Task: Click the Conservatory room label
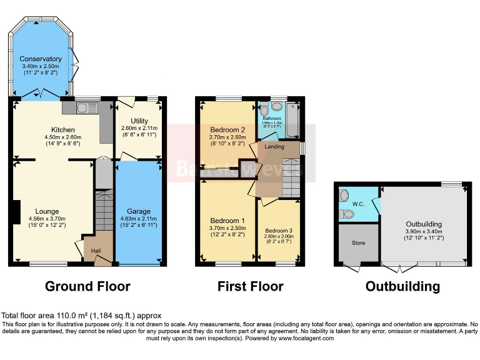[x=40, y=59]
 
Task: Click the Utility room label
[x=139, y=121]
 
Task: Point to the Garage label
[x=139, y=211]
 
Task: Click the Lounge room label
[x=47, y=211]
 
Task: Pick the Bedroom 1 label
[x=227, y=221]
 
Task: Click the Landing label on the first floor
[x=274, y=147]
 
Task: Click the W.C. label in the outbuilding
[x=358, y=203]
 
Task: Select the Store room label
[x=358, y=243]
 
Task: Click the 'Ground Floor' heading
[x=87, y=287]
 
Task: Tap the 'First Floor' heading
[x=250, y=287]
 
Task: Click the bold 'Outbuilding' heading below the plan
[x=402, y=287]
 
